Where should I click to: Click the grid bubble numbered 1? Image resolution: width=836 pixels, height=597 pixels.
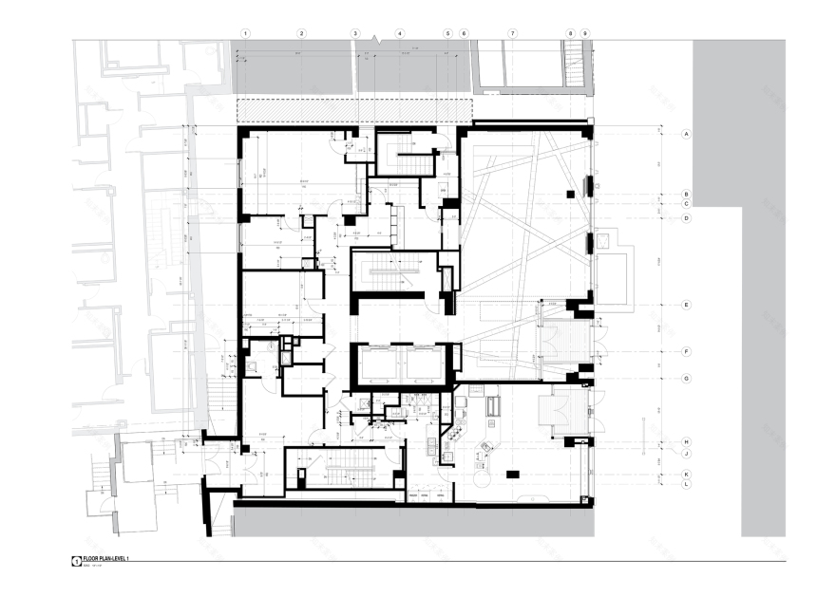(245, 33)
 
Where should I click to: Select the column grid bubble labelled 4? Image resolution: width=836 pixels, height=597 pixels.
(400, 33)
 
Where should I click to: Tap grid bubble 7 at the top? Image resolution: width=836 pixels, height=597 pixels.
(512, 33)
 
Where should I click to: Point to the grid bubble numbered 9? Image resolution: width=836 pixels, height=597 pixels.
(585, 33)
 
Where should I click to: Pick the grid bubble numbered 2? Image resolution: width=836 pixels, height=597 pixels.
(301, 33)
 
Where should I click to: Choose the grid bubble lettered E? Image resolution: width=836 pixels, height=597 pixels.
(684, 305)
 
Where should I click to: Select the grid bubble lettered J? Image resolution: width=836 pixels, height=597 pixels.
(684, 454)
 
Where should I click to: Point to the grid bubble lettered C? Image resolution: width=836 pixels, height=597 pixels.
(684, 203)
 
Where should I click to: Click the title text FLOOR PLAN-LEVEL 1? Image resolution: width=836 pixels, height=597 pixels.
(104, 560)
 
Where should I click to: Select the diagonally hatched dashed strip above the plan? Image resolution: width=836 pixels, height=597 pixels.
(353, 109)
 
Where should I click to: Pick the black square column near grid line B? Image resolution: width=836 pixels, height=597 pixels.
(569, 194)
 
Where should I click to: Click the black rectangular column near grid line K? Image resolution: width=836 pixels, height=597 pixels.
(514, 472)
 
